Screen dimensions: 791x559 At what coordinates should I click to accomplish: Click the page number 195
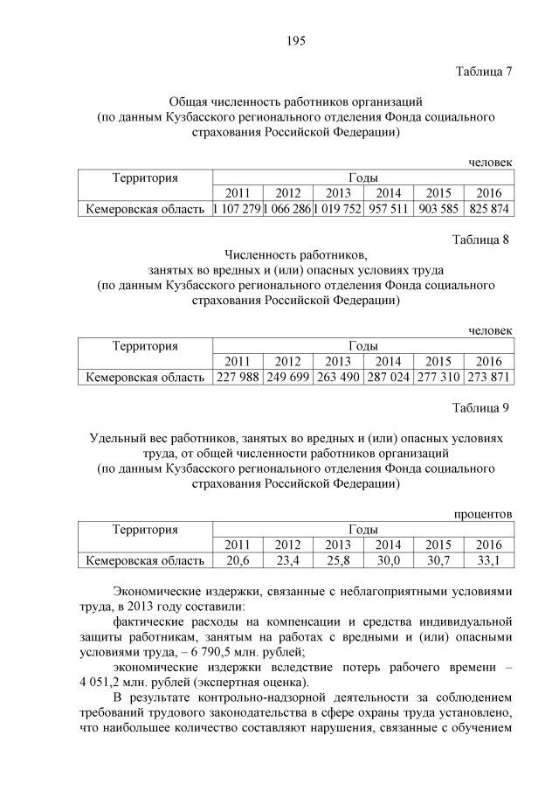pyautogui.click(x=293, y=39)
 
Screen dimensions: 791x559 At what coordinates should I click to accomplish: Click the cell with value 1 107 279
pyautogui.click(x=237, y=210)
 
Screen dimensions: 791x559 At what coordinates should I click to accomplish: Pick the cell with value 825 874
pyautogui.click(x=489, y=210)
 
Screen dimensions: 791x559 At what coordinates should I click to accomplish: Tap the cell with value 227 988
pyautogui.click(x=237, y=378)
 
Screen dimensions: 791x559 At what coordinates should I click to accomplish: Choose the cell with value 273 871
pyautogui.click(x=489, y=378)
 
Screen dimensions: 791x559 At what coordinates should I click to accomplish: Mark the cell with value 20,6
pyautogui.click(x=237, y=560)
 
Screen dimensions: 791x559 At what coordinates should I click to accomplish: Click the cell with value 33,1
pyautogui.click(x=489, y=560)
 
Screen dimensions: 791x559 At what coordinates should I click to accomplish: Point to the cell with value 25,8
pyautogui.click(x=337, y=560)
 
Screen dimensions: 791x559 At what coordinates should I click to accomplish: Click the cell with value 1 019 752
pyautogui.click(x=337, y=210)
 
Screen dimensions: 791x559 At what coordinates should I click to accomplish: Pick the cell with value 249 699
pyautogui.click(x=287, y=378)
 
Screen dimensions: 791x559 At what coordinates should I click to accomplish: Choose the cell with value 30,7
pyautogui.click(x=438, y=560)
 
